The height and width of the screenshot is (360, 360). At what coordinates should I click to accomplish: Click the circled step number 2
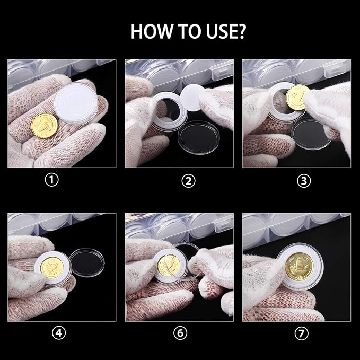tap(188, 181)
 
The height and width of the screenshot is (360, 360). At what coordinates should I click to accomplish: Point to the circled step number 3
tap(304, 181)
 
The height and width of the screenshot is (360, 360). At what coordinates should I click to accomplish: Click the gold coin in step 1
tap(43, 126)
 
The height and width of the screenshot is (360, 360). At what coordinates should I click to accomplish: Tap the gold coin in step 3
tap(298, 98)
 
